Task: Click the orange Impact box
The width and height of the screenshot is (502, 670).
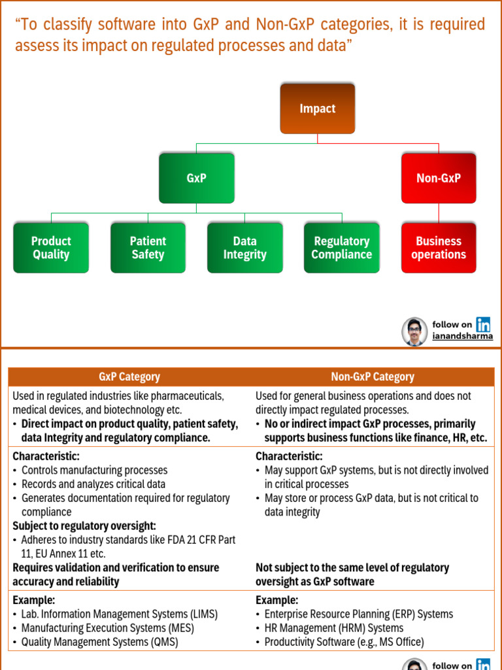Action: [x=318, y=109]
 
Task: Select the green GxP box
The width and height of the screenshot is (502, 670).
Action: [x=196, y=178]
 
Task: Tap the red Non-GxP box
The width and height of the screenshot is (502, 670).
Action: [x=439, y=178]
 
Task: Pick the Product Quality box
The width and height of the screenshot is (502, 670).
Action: [x=51, y=248]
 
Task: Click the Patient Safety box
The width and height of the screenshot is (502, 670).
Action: [x=148, y=248]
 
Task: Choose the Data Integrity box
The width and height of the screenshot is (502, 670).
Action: [x=245, y=248]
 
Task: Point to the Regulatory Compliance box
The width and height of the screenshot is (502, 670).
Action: [x=342, y=248]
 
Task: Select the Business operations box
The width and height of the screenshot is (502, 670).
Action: [x=439, y=248]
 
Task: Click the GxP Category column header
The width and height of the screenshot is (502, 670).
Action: [x=129, y=377]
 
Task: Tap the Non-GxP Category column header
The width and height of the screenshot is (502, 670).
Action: [x=373, y=377]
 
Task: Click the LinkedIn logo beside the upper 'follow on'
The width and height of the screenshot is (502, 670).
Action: [x=484, y=324]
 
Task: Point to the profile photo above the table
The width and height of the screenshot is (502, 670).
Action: [x=414, y=331]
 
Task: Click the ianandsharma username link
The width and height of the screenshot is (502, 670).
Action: [x=463, y=336]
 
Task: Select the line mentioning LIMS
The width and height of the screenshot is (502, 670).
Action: [x=119, y=614]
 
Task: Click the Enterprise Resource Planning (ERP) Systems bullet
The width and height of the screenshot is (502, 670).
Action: [x=358, y=614]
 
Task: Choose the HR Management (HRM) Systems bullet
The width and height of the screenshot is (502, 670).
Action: [x=333, y=628]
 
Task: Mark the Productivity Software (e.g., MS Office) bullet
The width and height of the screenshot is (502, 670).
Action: [x=344, y=642]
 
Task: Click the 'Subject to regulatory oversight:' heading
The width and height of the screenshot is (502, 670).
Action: [x=84, y=526]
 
